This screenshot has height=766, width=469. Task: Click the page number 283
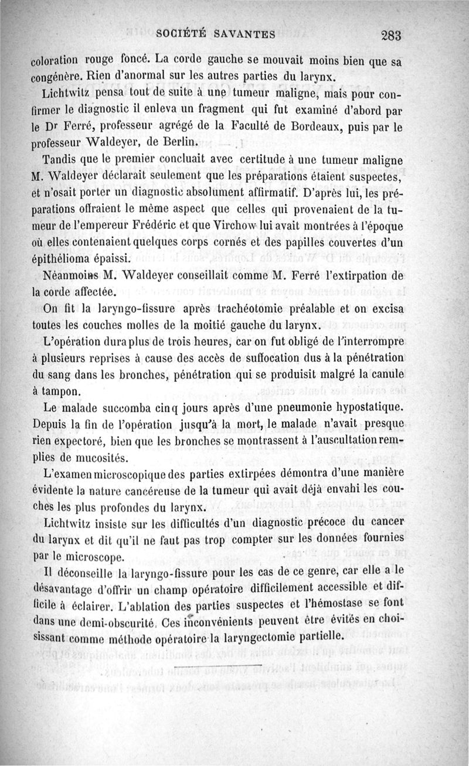390,35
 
